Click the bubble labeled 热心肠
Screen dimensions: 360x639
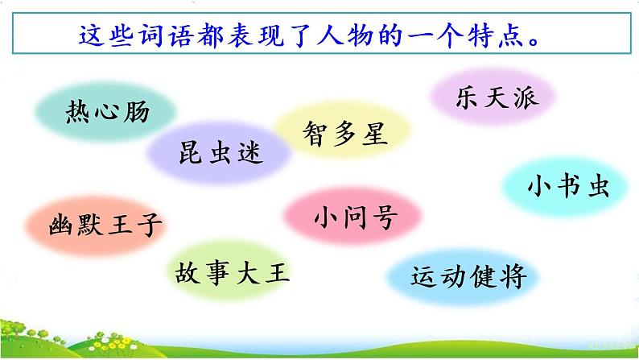107,113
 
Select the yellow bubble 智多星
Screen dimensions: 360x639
345,132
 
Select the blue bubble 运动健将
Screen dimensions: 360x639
468,276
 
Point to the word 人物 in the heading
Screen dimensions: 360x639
370,36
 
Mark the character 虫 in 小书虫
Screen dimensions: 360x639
597,187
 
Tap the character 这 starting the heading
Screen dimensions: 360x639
89,36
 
